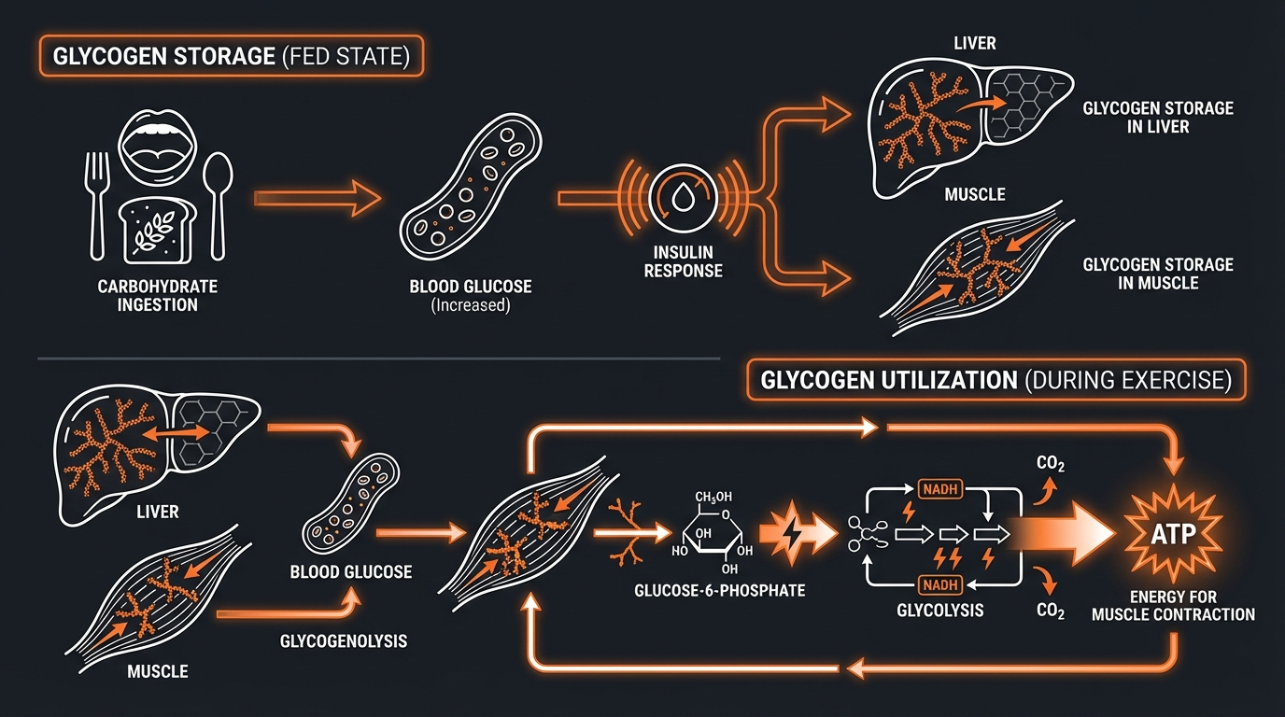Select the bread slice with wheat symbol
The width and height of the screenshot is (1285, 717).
pyautogui.click(x=156, y=230)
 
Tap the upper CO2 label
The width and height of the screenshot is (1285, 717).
pyautogui.click(x=1052, y=463)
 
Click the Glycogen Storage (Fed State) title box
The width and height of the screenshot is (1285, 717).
pyautogui.click(x=232, y=56)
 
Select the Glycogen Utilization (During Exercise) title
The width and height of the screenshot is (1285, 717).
pyautogui.click(x=996, y=381)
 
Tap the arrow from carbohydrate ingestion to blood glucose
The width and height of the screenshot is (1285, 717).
pyautogui.click(x=318, y=199)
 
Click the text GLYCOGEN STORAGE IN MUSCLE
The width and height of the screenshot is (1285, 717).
pyautogui.click(x=1158, y=274)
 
